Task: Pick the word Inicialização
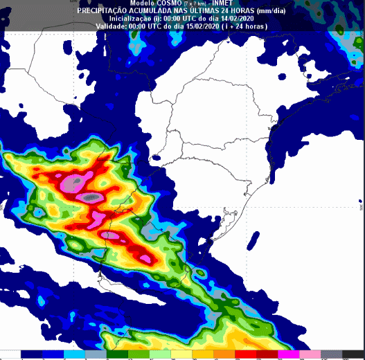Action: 122,19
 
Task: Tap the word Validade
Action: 109,26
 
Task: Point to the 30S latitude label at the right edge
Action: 361,206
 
